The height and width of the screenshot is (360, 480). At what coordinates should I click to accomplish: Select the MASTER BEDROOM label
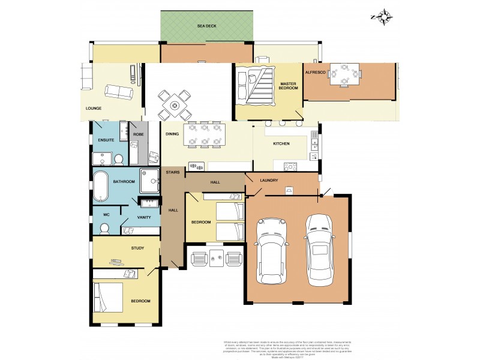pos(288,85)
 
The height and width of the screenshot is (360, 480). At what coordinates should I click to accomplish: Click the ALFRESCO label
pos(315,71)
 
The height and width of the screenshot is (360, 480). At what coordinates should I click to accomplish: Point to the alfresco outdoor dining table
pos(346,75)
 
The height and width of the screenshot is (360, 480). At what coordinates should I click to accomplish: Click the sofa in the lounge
pos(119,92)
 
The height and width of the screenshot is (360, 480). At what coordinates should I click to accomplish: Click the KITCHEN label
pos(281,143)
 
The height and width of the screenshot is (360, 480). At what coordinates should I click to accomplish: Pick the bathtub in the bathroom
pos(100,186)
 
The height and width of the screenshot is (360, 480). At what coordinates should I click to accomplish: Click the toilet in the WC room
pos(104,229)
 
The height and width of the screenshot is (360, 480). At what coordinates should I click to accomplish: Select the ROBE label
pos(139,134)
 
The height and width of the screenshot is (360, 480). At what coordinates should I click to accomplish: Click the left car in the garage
pos(269,250)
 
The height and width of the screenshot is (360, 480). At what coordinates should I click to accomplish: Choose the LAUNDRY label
pos(269,181)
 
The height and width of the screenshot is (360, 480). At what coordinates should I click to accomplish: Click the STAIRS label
pos(173,172)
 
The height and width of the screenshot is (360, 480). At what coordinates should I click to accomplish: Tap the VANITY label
pos(143,217)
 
